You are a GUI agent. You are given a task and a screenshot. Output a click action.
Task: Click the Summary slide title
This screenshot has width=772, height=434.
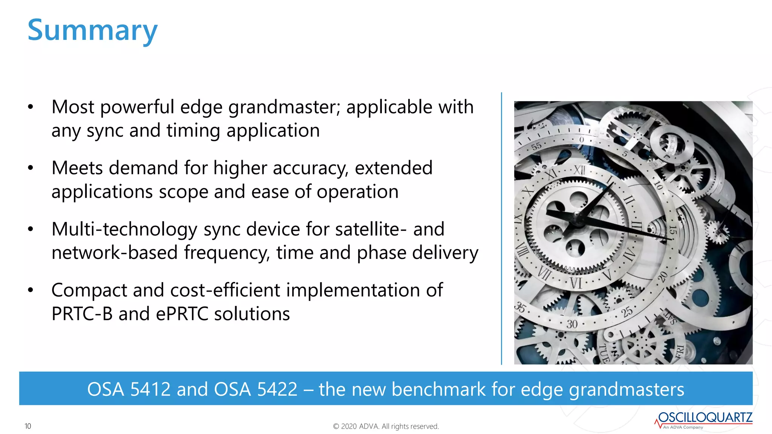(92, 31)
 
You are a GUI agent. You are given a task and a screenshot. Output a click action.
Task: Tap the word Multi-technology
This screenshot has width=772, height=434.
(124, 229)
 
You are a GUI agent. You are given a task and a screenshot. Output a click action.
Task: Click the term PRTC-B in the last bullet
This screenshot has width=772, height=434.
(82, 314)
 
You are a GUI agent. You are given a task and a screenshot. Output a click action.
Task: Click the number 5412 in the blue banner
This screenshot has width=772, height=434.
(150, 389)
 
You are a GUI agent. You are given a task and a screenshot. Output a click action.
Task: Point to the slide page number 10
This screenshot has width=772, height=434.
(28, 426)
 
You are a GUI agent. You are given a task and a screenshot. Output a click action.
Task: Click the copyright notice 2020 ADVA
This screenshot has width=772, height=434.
(386, 426)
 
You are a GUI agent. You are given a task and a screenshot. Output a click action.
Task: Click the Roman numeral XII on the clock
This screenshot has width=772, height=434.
(579, 170)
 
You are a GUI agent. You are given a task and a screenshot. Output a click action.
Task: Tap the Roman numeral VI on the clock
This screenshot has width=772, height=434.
(576, 283)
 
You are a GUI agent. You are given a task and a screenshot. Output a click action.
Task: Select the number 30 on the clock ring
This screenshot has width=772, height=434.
(572, 324)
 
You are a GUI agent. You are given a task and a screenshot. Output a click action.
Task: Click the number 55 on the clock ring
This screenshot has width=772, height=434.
(536, 146)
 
